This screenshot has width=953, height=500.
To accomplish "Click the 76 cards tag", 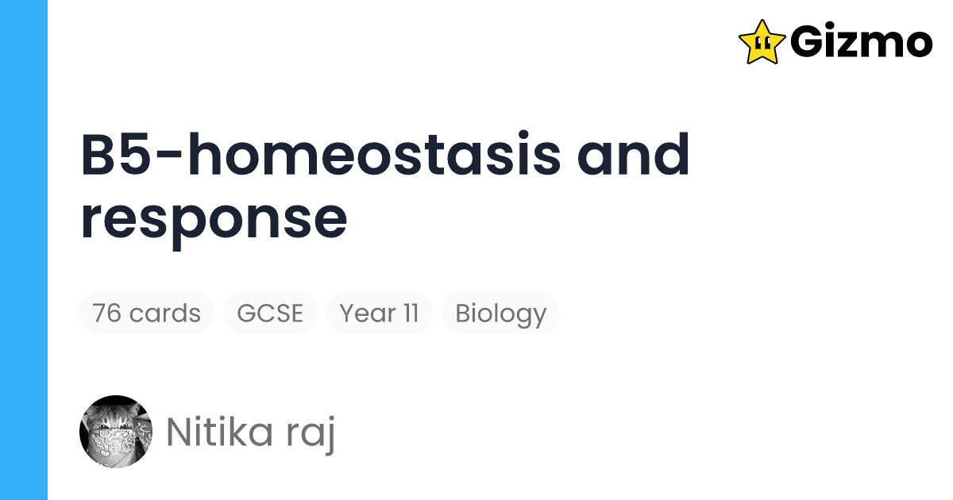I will click(x=146, y=313).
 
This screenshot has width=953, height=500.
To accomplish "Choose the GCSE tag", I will click(x=270, y=313).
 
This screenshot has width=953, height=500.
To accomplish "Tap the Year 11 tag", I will click(x=379, y=313).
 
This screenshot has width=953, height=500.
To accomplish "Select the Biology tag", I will click(x=500, y=313).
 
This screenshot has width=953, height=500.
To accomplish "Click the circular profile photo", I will click(x=116, y=432).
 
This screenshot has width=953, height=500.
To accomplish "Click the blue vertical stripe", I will click(x=24, y=250).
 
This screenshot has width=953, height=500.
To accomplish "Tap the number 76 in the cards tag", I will click(x=107, y=313).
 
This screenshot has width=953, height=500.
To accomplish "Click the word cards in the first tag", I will click(x=164, y=313).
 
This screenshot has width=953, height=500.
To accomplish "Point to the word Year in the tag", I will click(x=367, y=313).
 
